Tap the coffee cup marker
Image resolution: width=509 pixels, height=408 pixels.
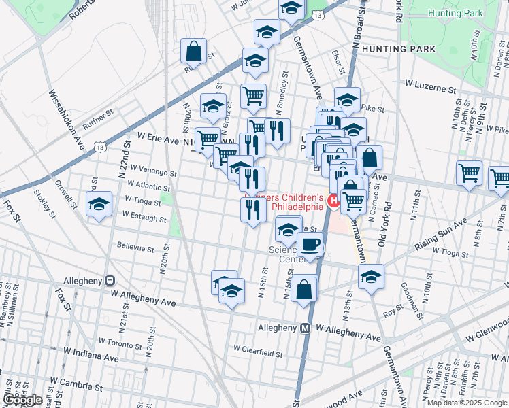coord(310,245)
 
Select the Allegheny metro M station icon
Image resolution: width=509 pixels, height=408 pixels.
coord(306,327)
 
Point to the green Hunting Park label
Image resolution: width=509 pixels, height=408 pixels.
coord(455,13)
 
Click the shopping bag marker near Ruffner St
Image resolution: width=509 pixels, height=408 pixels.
coord(194,50)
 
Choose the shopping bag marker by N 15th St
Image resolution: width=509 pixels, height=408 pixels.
coord(306,288)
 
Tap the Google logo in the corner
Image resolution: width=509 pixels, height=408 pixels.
coord(22,399)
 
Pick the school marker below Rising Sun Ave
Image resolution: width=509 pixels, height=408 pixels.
coord(371,276)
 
